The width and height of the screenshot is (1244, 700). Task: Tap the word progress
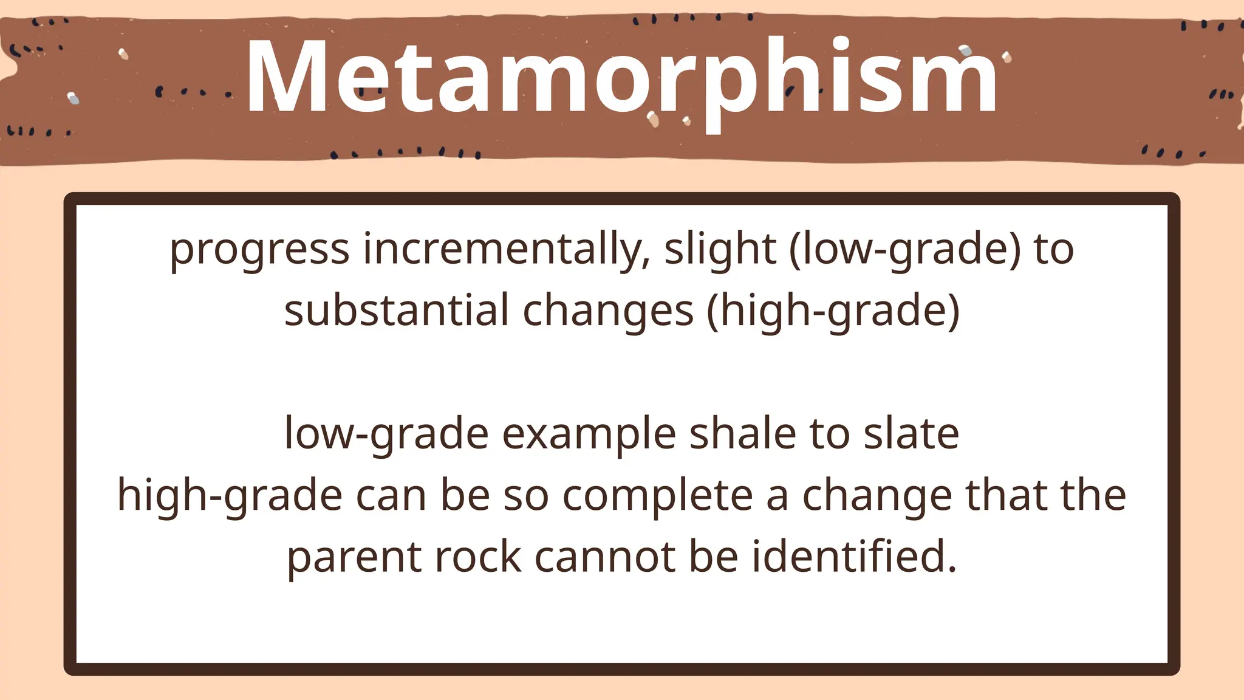259,249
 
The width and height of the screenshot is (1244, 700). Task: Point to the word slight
720,249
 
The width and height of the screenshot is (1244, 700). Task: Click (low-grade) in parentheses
905,249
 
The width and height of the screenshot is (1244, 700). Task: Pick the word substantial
396,311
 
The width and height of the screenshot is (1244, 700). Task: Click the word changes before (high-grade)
607,311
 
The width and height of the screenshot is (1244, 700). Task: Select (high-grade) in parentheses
833,311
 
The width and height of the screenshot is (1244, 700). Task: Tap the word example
589,434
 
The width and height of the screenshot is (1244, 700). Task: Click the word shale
743,434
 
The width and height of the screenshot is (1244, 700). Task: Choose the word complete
657,495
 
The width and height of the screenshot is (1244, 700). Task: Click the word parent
354,557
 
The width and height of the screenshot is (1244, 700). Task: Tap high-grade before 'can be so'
230,495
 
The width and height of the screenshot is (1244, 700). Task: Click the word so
526,495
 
